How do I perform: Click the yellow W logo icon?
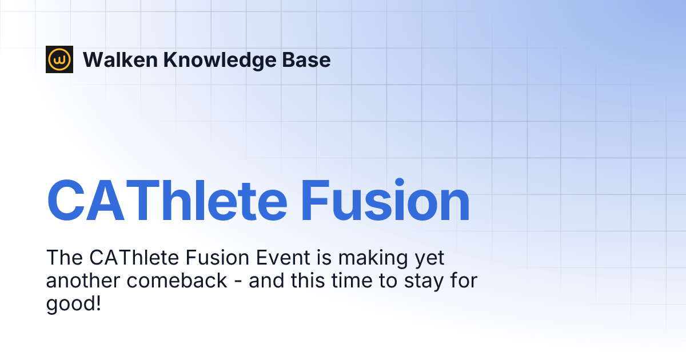click(59, 59)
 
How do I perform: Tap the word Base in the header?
click(306, 59)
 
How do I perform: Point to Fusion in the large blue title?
click(385, 199)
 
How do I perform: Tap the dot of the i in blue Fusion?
click(400, 182)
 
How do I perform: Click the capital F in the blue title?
click(316, 201)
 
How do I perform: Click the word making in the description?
click(373, 259)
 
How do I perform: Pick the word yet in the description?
click(429, 259)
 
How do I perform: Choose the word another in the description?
click(83, 281)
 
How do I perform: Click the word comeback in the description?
click(177, 281)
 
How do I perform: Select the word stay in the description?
click(424, 282)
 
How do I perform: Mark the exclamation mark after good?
click(98, 303)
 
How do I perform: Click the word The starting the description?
click(64, 258)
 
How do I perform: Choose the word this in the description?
click(308, 280)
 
